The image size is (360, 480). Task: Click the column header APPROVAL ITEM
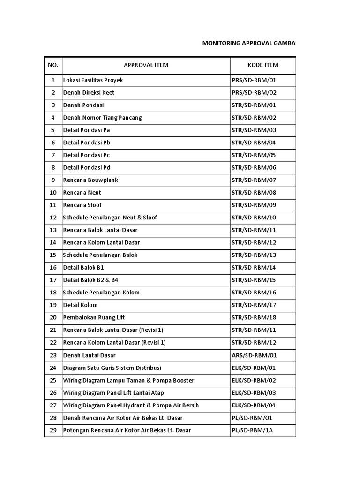146,65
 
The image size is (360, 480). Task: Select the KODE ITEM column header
262,65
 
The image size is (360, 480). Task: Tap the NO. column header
53,65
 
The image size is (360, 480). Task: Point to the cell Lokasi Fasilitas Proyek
93,80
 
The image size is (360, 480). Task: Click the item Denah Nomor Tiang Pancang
102,118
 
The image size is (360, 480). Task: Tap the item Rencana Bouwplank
90,180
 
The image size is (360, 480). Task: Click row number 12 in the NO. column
53,217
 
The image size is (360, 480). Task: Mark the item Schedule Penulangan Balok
100,255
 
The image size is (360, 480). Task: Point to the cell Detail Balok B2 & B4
91,280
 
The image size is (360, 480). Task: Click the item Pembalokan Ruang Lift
92,317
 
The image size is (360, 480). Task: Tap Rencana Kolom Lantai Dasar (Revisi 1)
114,343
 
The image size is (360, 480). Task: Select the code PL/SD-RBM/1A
252,430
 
